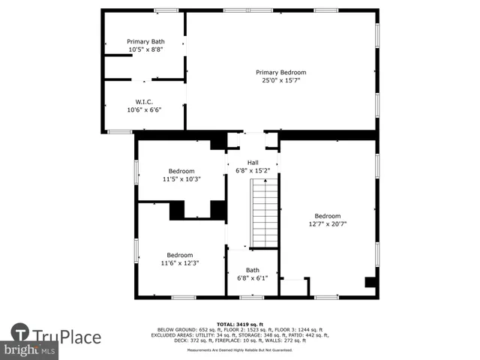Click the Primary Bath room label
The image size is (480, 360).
pyautogui.click(x=145, y=41)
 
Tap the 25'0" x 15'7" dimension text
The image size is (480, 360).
pyautogui.click(x=280, y=80)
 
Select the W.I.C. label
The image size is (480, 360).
pyautogui.click(x=144, y=101)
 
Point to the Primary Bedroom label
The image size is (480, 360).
pyautogui.click(x=280, y=72)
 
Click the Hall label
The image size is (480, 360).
pyautogui.click(x=253, y=163)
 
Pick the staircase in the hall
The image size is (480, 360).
pyautogui.click(x=265, y=213)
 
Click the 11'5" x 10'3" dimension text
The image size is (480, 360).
pyautogui.click(x=181, y=179)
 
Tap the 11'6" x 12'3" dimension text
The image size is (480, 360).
pyautogui.click(x=180, y=263)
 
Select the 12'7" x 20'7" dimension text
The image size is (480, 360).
pyautogui.click(x=327, y=223)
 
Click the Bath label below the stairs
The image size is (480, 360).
pyautogui.click(x=253, y=270)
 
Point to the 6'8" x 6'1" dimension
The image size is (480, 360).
pyautogui.click(x=253, y=278)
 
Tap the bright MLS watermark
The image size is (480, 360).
pyautogui.click(x=30, y=350)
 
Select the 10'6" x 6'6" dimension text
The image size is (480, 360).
pyautogui.click(x=144, y=109)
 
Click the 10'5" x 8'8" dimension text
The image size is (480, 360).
pyautogui.click(x=145, y=49)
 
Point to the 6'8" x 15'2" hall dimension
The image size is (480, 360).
pyautogui.click(x=253, y=171)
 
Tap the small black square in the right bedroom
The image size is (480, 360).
pyautogui.click(x=370, y=282)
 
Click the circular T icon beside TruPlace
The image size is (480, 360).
pyautogui.click(x=20, y=332)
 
